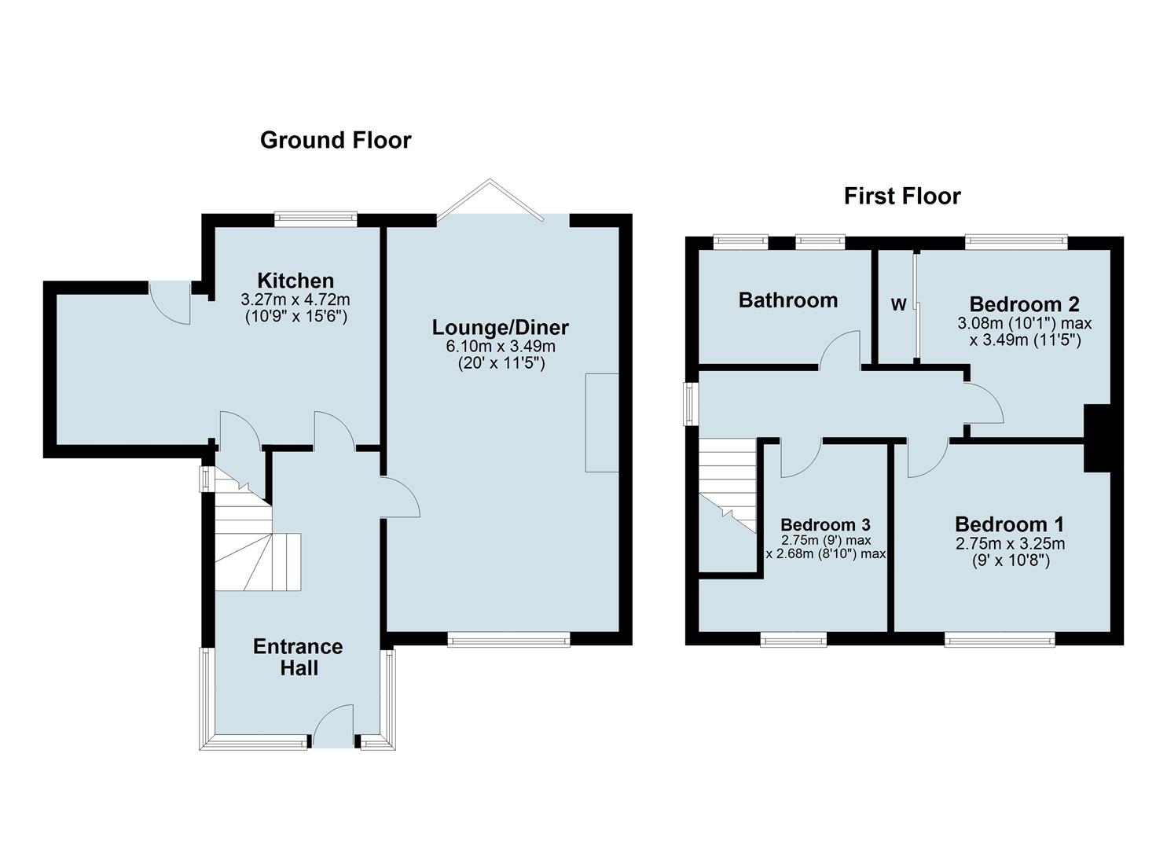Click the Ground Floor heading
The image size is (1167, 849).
(336, 140)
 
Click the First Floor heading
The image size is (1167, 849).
(902, 197)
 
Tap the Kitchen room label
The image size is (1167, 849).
(295, 281)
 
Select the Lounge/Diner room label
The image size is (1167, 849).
(501, 327)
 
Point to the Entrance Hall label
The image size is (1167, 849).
(299, 657)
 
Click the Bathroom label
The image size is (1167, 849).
(788, 300)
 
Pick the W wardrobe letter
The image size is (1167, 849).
(899, 304)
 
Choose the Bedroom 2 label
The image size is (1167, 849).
(1024, 304)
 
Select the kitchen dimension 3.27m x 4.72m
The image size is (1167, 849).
(295, 300)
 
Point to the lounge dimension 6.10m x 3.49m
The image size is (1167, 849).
(501, 346)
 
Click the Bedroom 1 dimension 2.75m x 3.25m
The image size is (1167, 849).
(1011, 543)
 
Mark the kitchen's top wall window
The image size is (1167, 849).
(316, 219)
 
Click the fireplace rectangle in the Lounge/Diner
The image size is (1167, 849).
(602, 423)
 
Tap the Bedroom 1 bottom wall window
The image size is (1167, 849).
(1000, 639)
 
